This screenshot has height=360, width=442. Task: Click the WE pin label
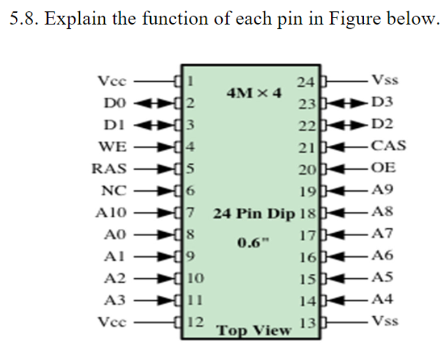click(x=113, y=147)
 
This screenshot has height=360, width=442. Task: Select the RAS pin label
click(x=109, y=169)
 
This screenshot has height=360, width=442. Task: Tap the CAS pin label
click(x=387, y=147)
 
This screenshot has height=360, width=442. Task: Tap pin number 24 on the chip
click(x=306, y=82)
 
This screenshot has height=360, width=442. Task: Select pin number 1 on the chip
click(x=192, y=80)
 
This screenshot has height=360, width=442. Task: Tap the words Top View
click(x=253, y=330)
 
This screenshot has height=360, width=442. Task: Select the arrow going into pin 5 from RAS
click(x=159, y=169)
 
